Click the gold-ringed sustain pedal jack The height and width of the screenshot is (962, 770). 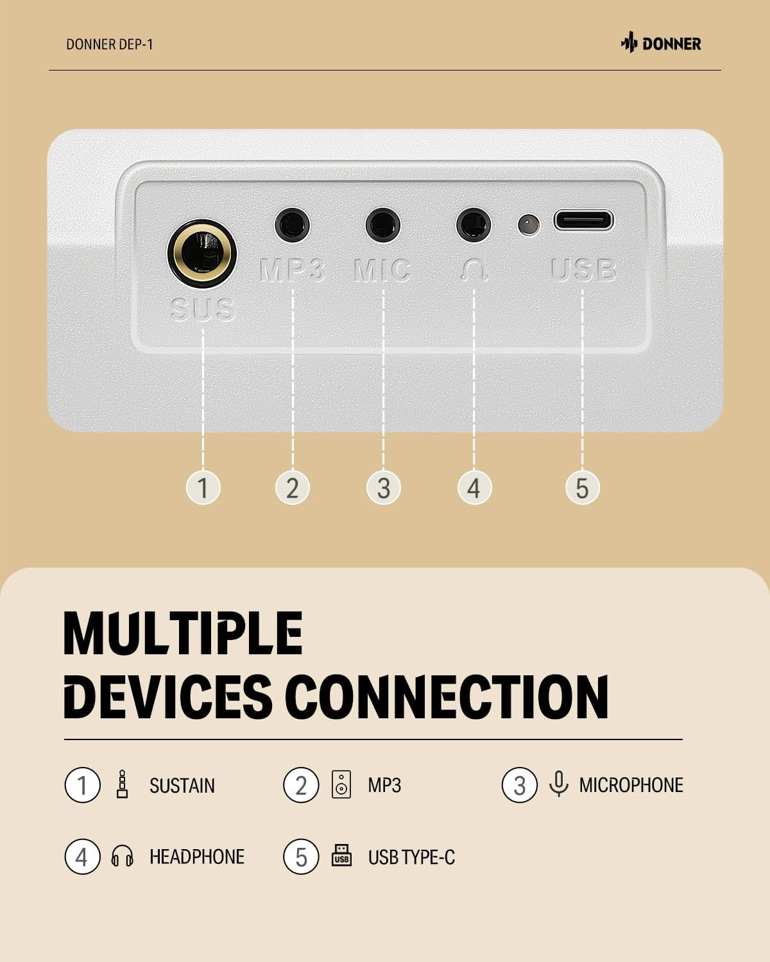[202, 253]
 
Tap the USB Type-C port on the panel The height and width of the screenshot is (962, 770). [583, 220]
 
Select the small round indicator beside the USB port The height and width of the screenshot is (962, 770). [528, 224]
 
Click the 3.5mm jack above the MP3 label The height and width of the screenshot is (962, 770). [292, 224]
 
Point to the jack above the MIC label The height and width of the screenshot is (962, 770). [383, 224]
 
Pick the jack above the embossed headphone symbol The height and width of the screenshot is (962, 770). [474, 224]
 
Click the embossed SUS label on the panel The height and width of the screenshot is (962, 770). [203, 309]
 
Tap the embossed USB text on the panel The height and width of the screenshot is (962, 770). [583, 269]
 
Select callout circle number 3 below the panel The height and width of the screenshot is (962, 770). [384, 487]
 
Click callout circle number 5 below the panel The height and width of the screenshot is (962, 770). [582, 487]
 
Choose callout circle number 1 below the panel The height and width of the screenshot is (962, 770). [203, 487]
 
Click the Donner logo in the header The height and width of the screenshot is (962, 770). [661, 44]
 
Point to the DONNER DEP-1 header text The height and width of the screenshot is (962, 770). [110, 45]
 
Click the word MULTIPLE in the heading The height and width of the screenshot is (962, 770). [183, 633]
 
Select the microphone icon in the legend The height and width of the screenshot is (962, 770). [558, 784]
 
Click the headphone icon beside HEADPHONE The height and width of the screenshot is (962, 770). [122, 856]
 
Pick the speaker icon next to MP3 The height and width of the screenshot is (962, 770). [341, 784]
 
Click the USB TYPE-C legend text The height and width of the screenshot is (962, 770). [411, 857]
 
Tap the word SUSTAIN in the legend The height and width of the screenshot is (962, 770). [182, 786]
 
